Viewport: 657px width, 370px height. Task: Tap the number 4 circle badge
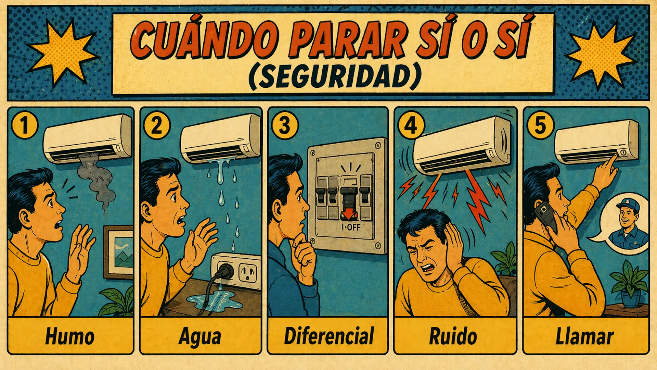411,125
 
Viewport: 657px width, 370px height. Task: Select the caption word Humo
70,336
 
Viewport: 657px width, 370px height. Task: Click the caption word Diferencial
329,336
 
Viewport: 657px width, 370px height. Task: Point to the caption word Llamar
584,336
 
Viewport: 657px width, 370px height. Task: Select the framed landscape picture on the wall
118,252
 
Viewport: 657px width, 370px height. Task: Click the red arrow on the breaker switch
349,214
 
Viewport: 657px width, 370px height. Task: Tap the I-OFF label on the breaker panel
351,227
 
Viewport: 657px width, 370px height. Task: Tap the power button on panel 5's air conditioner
623,152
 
